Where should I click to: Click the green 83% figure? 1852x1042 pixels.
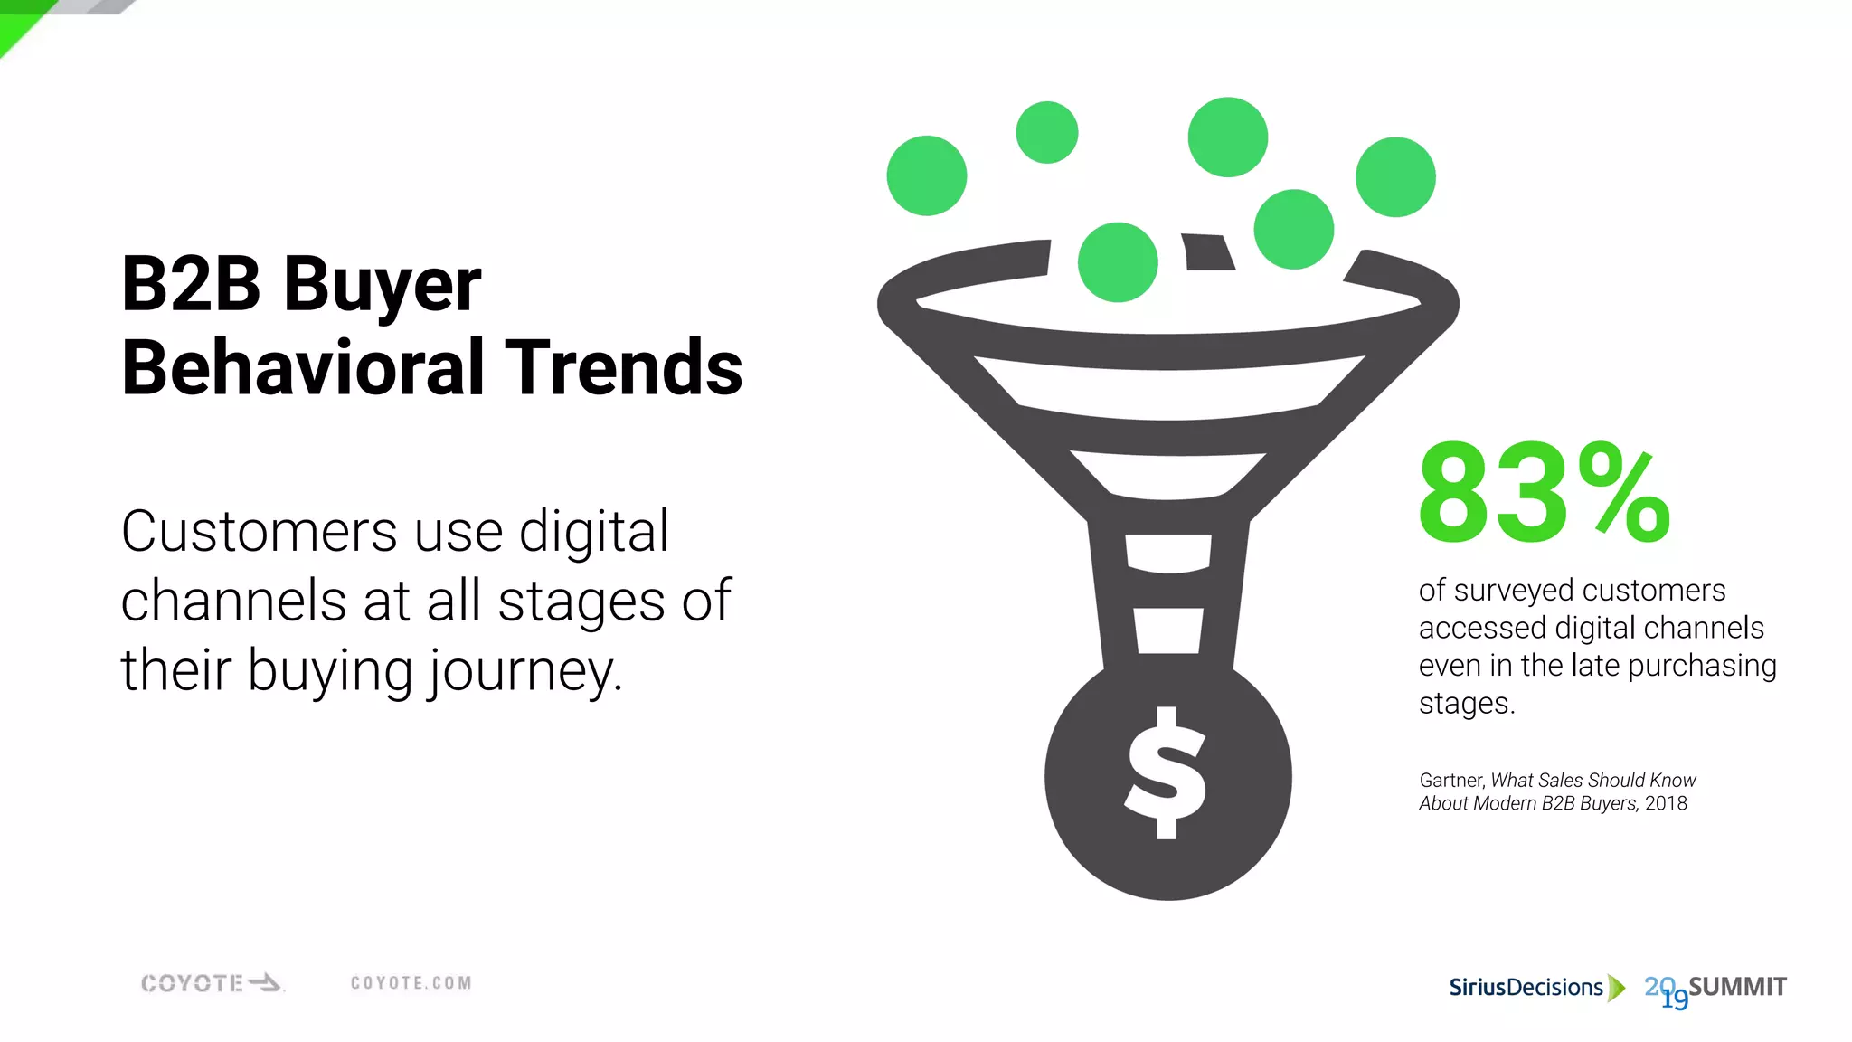(1544, 493)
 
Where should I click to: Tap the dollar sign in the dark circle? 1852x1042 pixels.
(1166, 773)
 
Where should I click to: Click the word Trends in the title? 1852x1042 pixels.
(623, 367)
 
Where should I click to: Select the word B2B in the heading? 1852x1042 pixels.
(191, 284)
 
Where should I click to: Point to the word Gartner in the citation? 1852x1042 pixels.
(1450, 781)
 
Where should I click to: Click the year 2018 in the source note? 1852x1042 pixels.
(1666, 804)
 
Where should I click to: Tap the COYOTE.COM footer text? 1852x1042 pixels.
(411, 983)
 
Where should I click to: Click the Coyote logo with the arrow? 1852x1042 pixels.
(212, 983)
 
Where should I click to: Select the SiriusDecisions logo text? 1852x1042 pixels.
(1526, 988)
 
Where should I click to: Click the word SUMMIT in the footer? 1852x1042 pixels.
(1737, 987)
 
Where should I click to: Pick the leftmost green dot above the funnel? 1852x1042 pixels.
(926, 175)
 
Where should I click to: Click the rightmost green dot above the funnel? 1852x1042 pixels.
(1395, 177)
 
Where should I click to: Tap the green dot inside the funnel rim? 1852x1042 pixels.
(1118, 262)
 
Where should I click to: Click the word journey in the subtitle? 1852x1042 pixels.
(524, 673)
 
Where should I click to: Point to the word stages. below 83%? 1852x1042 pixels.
(1466, 704)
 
